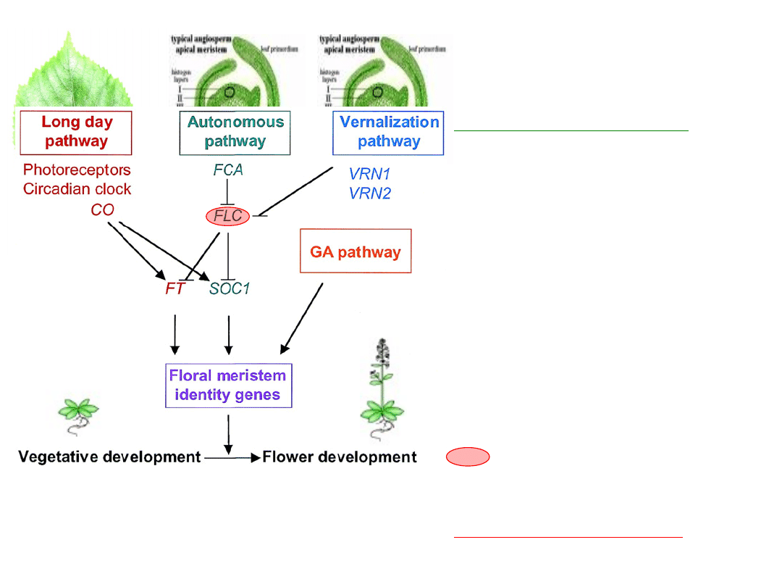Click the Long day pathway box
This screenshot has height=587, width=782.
pos(76,133)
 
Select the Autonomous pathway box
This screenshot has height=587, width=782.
pos(235,133)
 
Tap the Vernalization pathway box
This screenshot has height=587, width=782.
pos(388,133)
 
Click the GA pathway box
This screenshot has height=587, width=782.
pos(356,251)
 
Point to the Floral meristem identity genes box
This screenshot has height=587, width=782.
pos(228,386)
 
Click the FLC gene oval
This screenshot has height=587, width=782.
pos(228,216)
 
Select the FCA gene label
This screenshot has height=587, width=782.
pos(228,170)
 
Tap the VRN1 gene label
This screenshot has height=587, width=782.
pos(369,175)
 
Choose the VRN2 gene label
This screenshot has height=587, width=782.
pos(369,193)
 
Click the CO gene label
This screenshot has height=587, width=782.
pos(103,210)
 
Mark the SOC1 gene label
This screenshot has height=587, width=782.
pos(230,289)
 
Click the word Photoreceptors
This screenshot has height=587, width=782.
pos(77,170)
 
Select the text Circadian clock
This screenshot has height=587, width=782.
pos(77,189)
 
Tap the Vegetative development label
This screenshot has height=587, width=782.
pos(109,457)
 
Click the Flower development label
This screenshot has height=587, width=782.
pos(340,457)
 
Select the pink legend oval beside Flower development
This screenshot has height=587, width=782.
pos(468,457)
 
